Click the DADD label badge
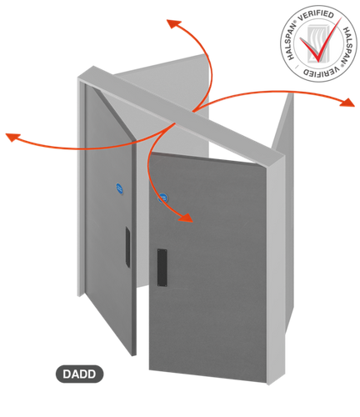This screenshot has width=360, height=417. click(80, 374)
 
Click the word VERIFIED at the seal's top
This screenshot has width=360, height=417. click(316, 16)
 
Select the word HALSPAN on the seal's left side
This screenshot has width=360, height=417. click(291, 41)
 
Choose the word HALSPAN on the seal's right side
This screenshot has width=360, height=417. click(349, 46)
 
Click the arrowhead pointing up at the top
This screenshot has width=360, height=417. click(173, 23)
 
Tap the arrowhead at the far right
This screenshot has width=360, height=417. click(347, 103)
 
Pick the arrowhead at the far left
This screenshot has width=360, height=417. click(12, 137)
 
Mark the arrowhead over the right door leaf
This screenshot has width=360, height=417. click(186, 218)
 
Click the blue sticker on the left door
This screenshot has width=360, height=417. click(119, 188)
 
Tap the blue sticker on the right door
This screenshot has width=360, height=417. click(162, 198)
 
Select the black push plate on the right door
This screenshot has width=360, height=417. click(162, 268)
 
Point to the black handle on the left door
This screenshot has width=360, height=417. click(127, 247)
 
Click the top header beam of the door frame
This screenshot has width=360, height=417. click(181, 115)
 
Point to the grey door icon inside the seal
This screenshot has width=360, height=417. click(317, 43)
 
